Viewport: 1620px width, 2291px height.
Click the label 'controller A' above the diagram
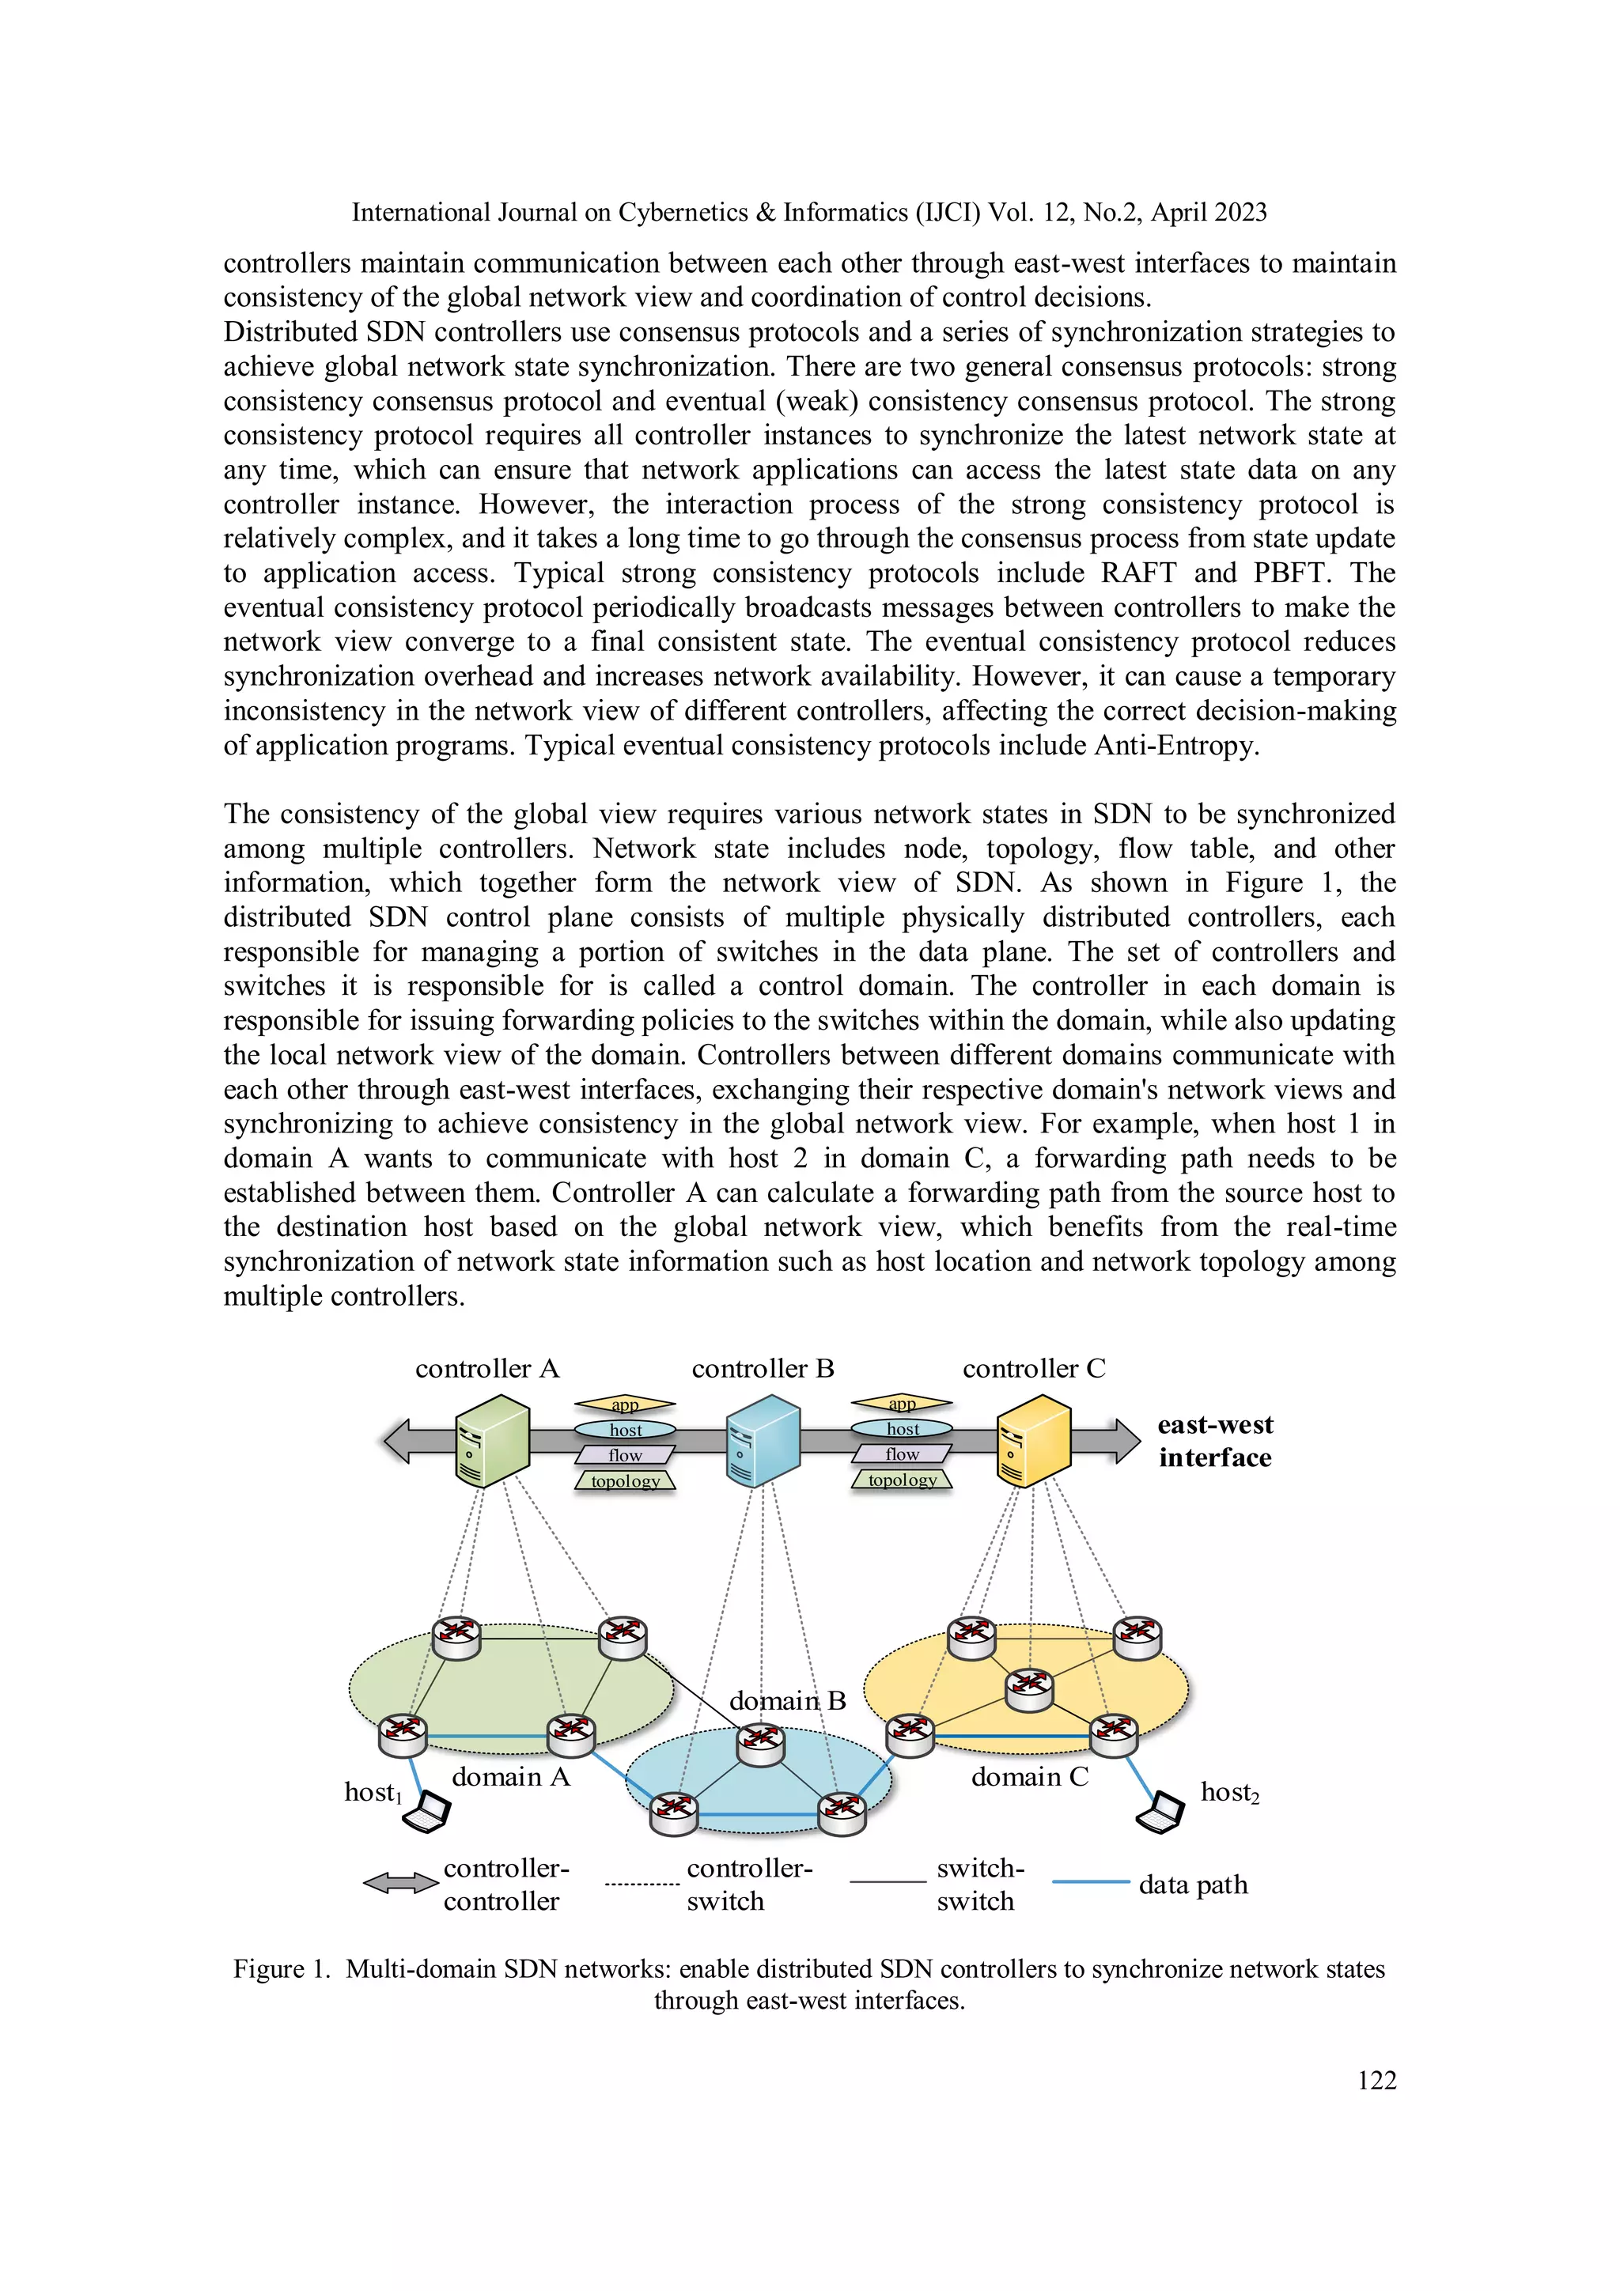(x=487, y=1368)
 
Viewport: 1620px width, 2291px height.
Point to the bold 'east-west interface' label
(x=1215, y=1441)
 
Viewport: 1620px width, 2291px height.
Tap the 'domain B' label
(x=788, y=1700)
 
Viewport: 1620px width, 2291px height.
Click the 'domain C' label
(x=1029, y=1776)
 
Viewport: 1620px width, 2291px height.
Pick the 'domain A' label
(x=510, y=1776)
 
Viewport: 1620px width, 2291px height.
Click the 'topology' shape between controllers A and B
(x=625, y=1480)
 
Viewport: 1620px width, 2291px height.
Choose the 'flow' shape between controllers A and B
(x=625, y=1455)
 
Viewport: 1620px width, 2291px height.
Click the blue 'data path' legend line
(x=1090, y=1882)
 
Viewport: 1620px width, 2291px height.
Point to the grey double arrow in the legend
(x=400, y=1883)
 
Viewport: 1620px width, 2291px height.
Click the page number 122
(x=1376, y=2080)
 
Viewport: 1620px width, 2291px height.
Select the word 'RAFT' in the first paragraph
(x=1138, y=573)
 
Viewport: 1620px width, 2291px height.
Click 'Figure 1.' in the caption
(x=282, y=1968)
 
